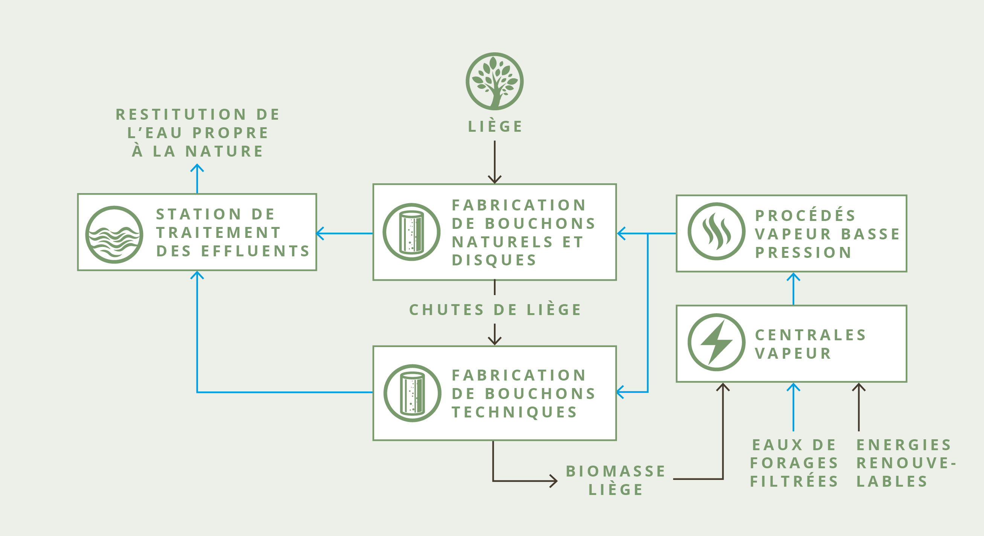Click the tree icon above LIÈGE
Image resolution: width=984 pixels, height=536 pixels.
(494, 81)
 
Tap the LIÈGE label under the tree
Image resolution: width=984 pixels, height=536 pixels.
(495, 126)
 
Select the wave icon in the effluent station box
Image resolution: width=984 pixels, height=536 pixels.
(114, 234)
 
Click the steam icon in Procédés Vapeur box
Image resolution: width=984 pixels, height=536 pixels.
(716, 231)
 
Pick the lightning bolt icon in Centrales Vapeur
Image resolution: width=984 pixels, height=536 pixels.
(716, 342)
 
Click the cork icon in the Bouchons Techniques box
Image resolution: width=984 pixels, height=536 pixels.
(412, 393)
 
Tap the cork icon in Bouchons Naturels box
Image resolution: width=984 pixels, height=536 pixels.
(411, 232)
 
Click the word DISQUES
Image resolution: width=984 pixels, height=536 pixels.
(494, 260)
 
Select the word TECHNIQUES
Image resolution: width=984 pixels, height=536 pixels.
(514, 412)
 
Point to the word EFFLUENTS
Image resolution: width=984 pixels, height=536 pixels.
(255, 251)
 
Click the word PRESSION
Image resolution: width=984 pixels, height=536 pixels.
(803, 253)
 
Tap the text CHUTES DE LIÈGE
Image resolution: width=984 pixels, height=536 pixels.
(495, 310)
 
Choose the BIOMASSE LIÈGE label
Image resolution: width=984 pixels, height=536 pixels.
(616, 480)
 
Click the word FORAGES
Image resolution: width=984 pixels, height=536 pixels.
(794, 463)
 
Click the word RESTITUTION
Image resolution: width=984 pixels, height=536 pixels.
(181, 114)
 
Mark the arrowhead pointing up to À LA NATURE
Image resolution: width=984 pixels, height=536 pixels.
(197, 168)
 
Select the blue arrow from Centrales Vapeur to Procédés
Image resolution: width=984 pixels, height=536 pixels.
(794, 289)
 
